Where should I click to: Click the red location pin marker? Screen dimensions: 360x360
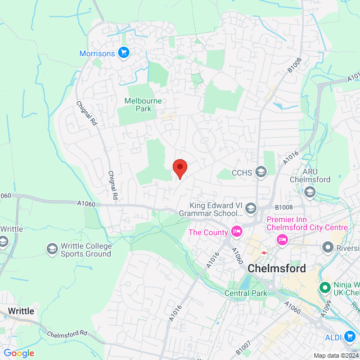click(x=179, y=168)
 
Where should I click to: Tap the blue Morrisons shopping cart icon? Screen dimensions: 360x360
click(x=124, y=53)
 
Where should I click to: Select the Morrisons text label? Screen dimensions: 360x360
click(x=97, y=53)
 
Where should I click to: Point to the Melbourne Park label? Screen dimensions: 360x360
click(x=143, y=105)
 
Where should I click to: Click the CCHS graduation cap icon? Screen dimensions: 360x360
click(x=260, y=172)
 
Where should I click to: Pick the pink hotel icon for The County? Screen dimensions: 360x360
click(x=237, y=232)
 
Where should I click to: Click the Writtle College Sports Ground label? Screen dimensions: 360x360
click(x=87, y=250)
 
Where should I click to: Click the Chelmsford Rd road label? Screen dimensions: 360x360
click(x=67, y=335)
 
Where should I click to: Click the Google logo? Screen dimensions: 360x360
click(x=19, y=353)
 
